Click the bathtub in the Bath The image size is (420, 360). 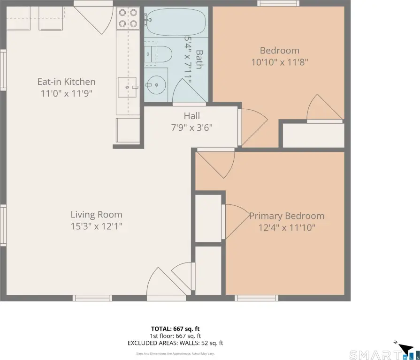coord(176,22)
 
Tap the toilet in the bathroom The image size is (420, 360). coord(158,54)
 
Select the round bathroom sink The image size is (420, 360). coord(156,85)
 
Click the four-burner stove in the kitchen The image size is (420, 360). coord(128,18)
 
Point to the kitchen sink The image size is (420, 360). coord(127,87)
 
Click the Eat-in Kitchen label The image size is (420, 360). coord(67,82)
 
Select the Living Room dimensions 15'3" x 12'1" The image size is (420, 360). coord(96,226)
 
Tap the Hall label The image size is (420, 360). coord(192,116)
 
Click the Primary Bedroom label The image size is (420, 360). coord(287,216)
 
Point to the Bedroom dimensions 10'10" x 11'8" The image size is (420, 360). coord(280,62)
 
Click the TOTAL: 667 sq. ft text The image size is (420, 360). coord(176,329)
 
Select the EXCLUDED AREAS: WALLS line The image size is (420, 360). coord(175,343)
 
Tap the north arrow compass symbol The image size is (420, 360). coord(405,348)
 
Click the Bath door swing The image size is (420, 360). coord(189,91)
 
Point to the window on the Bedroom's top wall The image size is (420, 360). coord(279,3)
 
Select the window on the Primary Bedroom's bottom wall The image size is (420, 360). coord(257,298)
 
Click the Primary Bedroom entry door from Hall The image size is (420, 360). coord(216,163)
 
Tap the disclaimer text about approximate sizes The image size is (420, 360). coord(175,353)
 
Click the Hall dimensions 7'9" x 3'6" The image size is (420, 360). coord(192,127)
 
